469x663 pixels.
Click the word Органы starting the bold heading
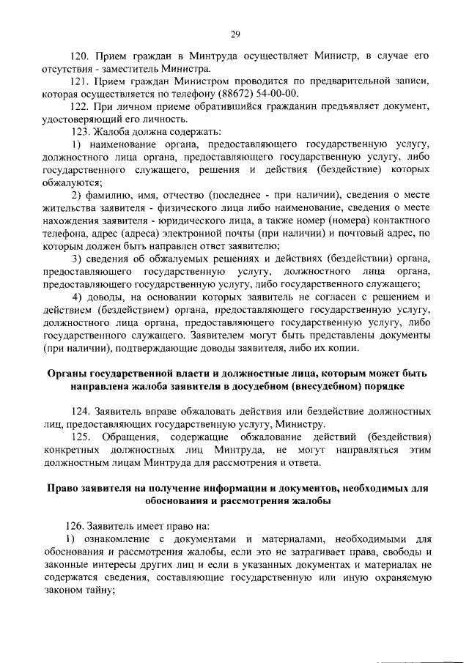[66, 373]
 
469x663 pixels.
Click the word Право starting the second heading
[63, 488]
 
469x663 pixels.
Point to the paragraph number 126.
[75, 525]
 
